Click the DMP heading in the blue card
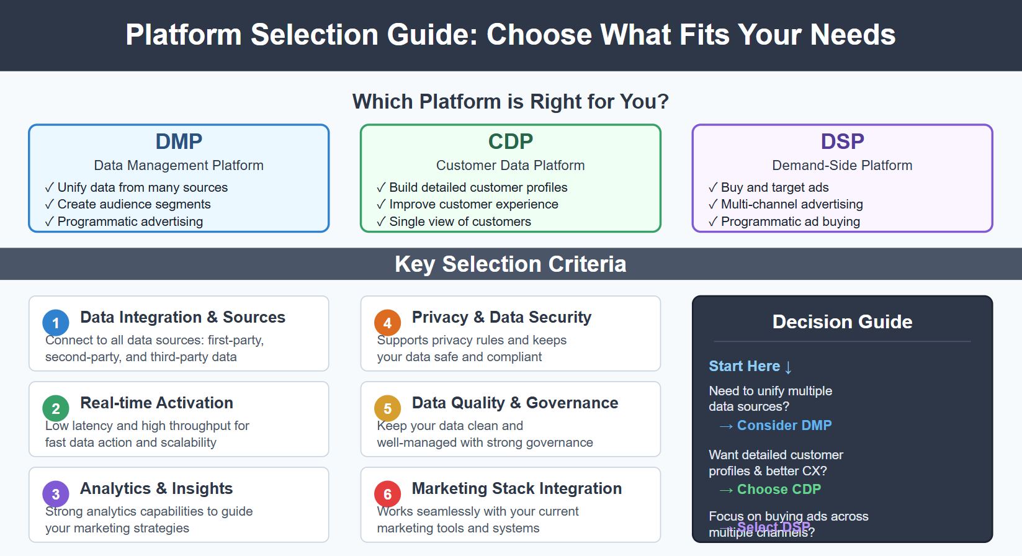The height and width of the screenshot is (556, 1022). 179,141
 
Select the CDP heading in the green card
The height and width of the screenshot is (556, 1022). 510,141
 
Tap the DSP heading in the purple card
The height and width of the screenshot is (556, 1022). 842,141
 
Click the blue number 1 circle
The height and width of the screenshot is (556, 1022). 55,323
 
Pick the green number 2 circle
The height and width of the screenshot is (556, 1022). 55,408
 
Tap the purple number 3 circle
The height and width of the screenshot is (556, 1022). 55,494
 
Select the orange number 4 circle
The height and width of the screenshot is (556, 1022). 387,323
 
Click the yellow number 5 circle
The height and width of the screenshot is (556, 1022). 387,408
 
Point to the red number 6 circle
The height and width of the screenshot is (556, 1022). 387,494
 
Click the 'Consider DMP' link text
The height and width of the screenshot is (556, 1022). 784,426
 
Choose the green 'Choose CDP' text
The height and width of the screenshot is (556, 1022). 778,490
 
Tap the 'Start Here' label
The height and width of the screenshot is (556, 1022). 744,366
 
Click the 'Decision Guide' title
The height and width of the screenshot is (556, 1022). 842,321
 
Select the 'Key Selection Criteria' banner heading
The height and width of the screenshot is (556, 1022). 510,264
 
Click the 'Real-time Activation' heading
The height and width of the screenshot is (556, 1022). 156,403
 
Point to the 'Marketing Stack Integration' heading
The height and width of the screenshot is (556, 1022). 516,488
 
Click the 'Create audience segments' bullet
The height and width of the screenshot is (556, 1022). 133,204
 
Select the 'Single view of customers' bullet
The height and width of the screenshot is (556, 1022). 460,222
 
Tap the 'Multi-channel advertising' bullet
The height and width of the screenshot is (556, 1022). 791,204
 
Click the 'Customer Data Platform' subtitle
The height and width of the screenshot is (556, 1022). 510,166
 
